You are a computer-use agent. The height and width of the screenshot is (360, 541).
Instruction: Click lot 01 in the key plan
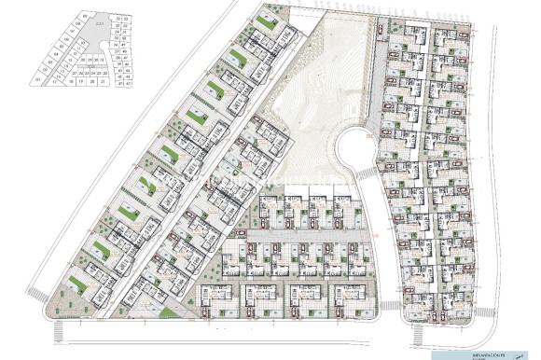[x=38, y=79]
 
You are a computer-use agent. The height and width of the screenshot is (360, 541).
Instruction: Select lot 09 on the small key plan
[x=85, y=17]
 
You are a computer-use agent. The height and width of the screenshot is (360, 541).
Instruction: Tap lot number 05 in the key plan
[x=62, y=47]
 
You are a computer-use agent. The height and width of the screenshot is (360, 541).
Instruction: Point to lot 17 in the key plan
[x=55, y=81]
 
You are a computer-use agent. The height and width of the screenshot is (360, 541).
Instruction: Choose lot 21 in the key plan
[x=103, y=81]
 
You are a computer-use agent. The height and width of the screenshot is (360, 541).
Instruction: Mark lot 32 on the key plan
[x=118, y=19]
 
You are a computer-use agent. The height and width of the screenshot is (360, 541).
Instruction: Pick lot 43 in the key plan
[x=128, y=84]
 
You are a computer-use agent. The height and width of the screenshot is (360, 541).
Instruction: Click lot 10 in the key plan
[x=82, y=43]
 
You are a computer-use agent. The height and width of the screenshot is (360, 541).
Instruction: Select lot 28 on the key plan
[x=82, y=60]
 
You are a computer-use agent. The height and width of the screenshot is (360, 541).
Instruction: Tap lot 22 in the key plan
[x=105, y=73]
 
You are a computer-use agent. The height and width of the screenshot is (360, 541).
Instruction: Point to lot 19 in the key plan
[x=81, y=81]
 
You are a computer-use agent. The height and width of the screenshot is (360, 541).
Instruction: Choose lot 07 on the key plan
[x=73, y=32]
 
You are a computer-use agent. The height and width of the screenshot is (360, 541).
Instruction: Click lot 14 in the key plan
[x=66, y=65]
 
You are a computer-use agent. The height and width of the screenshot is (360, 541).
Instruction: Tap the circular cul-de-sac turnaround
[x=356, y=149]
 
